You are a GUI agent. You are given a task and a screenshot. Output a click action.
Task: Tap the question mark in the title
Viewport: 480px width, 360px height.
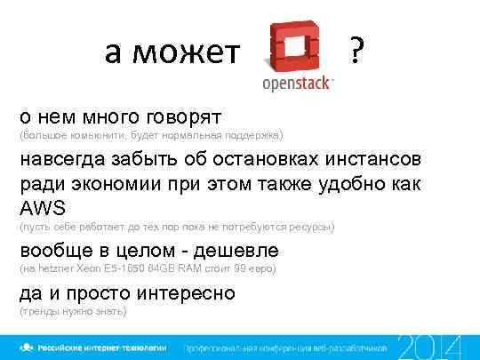[356, 53]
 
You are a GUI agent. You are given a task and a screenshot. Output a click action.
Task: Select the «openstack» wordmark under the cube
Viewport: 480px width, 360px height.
[297, 84]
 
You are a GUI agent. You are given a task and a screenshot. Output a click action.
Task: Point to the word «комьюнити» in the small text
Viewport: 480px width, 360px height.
[109, 136]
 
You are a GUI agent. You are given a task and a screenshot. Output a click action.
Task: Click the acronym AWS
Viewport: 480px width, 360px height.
[43, 209]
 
